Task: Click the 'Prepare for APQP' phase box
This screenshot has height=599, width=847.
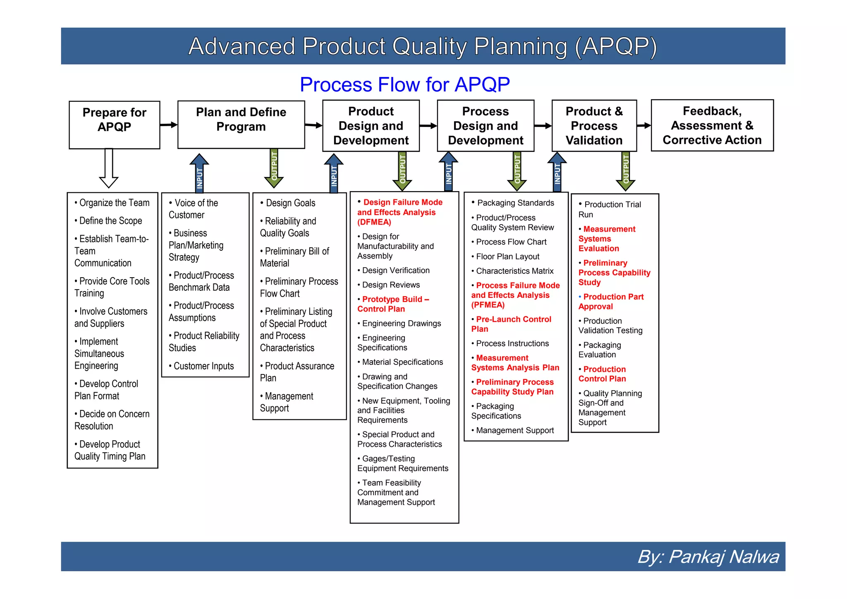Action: point(114,125)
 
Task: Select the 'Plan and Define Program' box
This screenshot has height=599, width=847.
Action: point(241,124)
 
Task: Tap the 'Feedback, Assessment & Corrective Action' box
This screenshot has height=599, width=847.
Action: point(712,125)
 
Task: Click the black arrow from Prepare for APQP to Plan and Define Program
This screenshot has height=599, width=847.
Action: point(168,125)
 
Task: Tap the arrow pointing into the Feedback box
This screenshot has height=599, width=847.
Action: point(644,125)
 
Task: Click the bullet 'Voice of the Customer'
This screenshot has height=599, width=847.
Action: point(193,209)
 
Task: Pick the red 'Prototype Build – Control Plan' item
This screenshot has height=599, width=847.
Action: point(393,304)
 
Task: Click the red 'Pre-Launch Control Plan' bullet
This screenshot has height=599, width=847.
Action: point(511,324)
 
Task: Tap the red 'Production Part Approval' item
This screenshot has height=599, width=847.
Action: point(611,302)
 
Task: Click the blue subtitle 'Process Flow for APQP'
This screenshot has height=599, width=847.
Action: point(404,85)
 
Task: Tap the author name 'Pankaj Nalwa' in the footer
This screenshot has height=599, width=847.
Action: point(723,557)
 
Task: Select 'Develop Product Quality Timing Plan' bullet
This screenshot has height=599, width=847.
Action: point(110,450)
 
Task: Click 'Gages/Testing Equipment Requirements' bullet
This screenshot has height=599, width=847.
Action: point(402,463)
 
